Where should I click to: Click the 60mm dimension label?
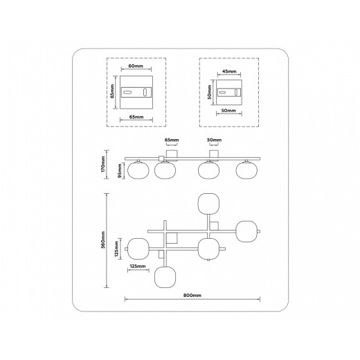(x=136, y=66)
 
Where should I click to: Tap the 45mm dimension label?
(x=229, y=71)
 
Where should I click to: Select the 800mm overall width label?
(x=192, y=295)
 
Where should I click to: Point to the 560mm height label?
(x=103, y=240)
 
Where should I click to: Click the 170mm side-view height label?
(x=103, y=164)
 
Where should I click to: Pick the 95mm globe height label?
(x=120, y=171)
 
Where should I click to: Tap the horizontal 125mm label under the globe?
(x=138, y=266)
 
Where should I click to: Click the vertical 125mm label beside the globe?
(x=116, y=249)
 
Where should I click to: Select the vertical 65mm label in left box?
(x=112, y=91)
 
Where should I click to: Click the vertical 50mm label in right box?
(x=210, y=92)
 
